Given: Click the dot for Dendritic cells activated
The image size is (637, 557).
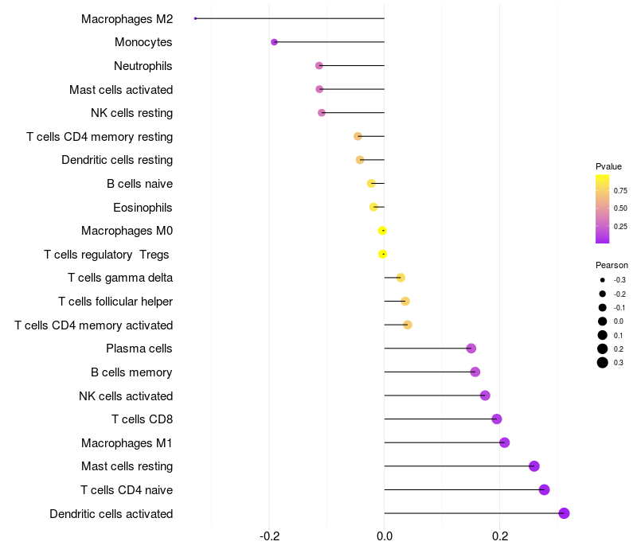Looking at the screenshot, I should (564, 513).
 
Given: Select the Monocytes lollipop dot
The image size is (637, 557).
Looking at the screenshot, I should (275, 42).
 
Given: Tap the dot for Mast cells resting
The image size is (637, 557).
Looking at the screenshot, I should (534, 466).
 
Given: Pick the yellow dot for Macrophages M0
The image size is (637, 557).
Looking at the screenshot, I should (383, 231).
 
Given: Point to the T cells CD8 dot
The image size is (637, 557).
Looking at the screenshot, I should (497, 419).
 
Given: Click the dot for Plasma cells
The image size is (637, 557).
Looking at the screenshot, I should (471, 349).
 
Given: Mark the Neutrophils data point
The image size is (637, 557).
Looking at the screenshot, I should (319, 66).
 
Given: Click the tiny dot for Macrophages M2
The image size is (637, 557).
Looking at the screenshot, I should (196, 18).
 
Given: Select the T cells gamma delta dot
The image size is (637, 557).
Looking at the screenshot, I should (401, 278).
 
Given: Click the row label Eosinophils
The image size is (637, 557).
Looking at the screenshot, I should (143, 208).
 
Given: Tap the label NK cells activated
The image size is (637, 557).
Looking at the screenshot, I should (126, 396).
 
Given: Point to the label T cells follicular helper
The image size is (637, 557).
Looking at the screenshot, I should (115, 302).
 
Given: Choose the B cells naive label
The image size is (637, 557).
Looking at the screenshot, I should (139, 184).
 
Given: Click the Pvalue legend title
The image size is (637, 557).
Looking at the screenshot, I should (608, 166).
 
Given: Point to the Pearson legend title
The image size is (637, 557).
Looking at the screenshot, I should (612, 265).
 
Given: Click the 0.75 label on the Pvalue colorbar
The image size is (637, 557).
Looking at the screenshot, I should (620, 191).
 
